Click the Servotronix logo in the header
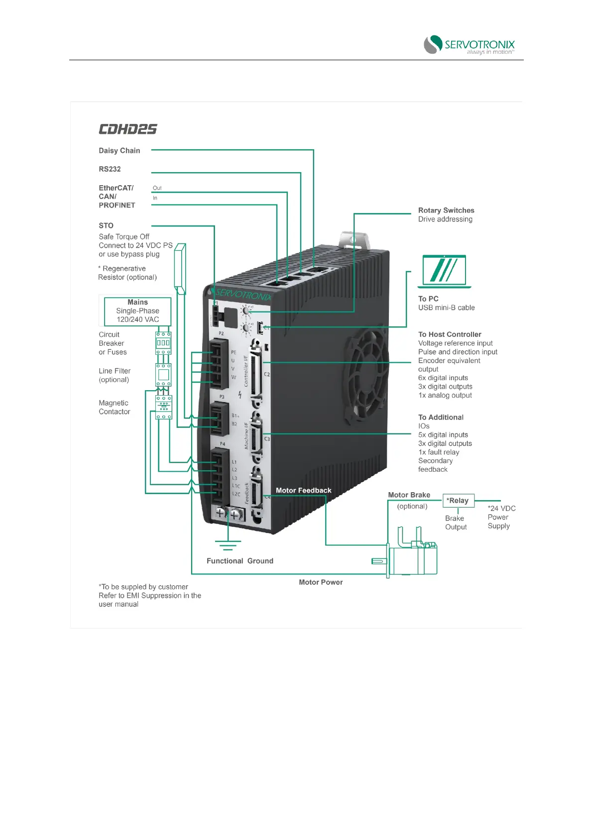469,45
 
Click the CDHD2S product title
127,129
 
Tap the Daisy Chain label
119,151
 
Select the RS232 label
110,169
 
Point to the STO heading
106,225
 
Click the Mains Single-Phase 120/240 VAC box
137,311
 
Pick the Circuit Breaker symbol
163,343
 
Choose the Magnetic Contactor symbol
163,407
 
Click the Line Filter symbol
163,375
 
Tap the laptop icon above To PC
444,271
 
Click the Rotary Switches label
446,210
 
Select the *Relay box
458,501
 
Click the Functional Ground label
240,561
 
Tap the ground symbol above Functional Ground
228,545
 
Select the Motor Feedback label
303,491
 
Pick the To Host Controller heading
450,334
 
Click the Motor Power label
321,582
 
